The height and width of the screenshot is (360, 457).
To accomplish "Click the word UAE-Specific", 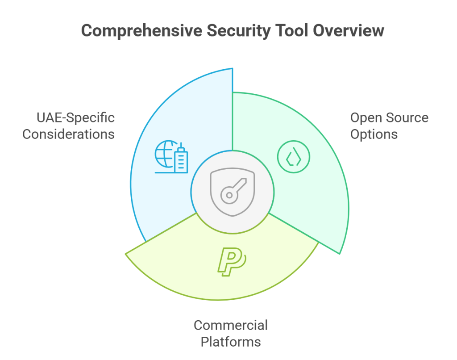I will pos(75,118).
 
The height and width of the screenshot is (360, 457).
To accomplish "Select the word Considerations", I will pos(68,134).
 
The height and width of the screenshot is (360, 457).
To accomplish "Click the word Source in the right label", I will pos(407,118).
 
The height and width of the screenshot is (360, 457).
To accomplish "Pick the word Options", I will pos(374,134).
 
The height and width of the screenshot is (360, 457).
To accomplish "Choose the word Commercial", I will pos(231,325).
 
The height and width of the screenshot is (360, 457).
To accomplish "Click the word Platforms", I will pos(231,342).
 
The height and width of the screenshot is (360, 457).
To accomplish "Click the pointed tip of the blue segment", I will pos(232,69).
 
